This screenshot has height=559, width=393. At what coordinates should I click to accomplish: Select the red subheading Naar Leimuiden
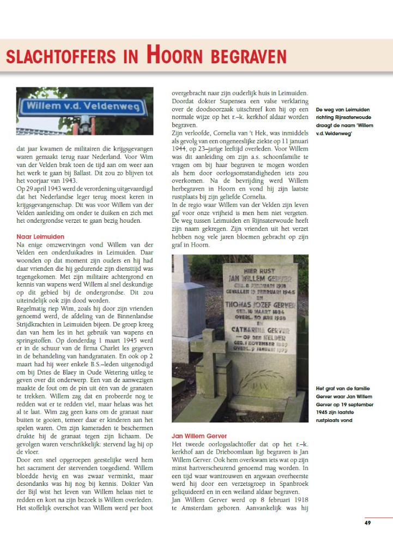point(41,236)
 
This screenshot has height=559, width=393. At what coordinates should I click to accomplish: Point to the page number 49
point(367,523)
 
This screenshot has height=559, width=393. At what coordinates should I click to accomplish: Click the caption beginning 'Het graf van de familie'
point(343,404)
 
